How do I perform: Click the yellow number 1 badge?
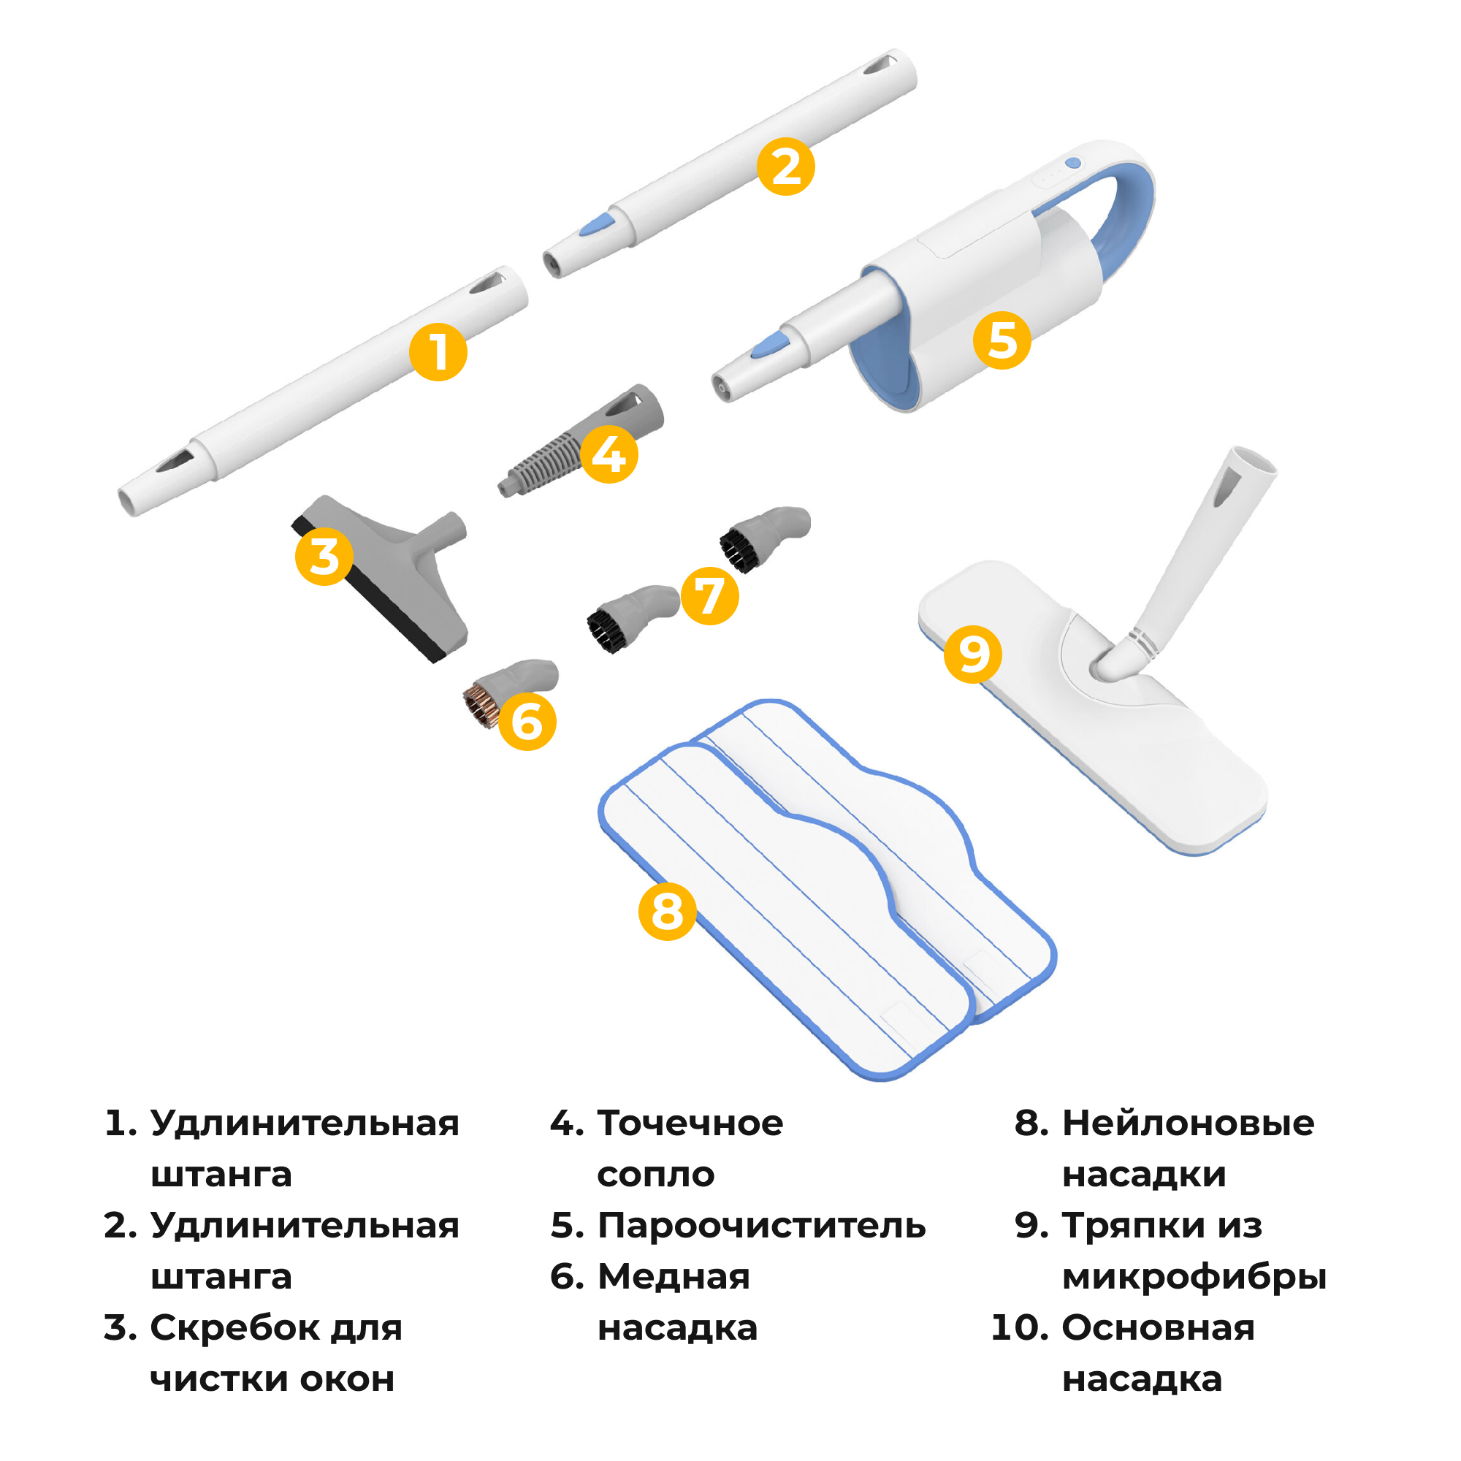438,352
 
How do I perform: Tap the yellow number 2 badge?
786,167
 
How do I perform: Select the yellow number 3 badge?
324,557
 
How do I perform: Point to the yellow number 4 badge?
609,454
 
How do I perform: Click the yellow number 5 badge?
1002,340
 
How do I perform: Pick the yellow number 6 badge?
527,722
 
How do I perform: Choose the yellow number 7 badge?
709,596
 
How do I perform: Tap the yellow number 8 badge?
667,911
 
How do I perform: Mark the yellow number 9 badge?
972,654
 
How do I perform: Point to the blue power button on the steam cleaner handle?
1072,164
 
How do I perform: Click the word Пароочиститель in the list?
761,1225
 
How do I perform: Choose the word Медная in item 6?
674,1276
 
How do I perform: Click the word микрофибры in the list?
1194,1276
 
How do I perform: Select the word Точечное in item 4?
690,1123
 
